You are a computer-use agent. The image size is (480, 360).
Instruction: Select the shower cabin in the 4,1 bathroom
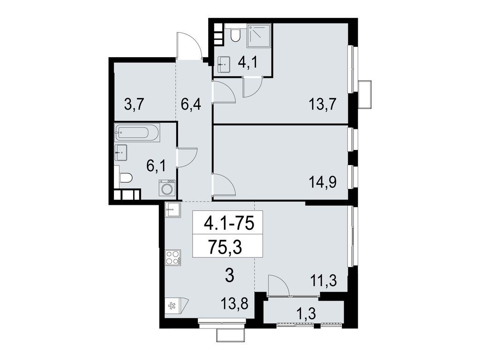[259, 36]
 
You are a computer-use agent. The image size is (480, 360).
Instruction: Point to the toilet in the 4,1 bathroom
[236, 35]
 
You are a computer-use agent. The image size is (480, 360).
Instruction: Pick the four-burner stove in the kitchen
[172, 257]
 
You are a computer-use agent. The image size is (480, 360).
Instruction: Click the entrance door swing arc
[189, 45]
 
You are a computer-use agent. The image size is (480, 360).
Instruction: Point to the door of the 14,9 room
[224, 184]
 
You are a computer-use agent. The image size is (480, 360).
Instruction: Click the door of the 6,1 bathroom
[187, 157]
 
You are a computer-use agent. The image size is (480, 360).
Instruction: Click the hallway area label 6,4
[191, 103]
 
